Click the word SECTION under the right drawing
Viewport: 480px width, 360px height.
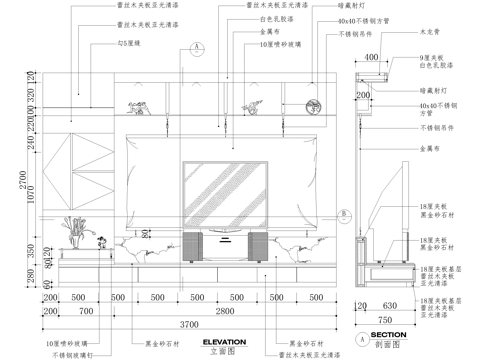pos(388,334)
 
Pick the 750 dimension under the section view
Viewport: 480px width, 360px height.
pos(386,318)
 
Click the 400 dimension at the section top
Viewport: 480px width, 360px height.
pos(372,57)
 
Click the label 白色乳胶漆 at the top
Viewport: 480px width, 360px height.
pos(275,19)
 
